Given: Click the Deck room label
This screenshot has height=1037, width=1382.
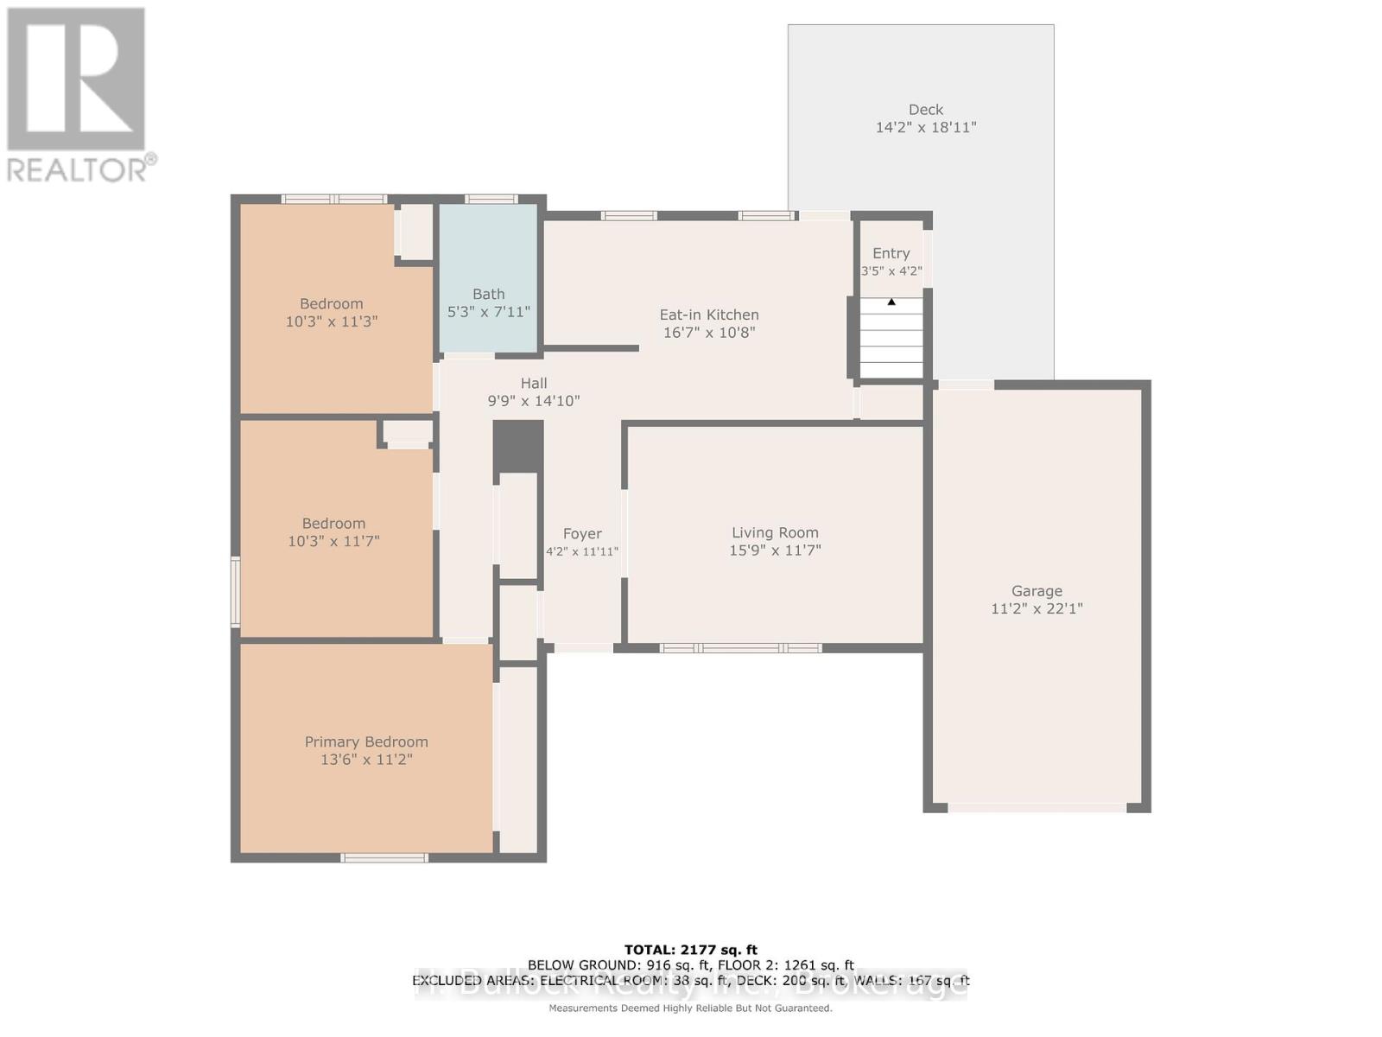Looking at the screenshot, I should tap(925, 110).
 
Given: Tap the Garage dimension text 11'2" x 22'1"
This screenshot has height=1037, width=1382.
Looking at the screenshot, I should tap(1036, 608).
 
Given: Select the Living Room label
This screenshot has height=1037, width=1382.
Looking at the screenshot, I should tap(775, 533).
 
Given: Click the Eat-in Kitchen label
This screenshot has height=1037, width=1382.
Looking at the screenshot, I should tap(709, 315).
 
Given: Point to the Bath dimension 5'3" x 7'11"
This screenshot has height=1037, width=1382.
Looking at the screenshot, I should tap(488, 312).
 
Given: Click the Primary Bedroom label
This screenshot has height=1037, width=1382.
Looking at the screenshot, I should tap(366, 742).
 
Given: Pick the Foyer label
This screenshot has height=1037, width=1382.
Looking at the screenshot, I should tap(582, 534).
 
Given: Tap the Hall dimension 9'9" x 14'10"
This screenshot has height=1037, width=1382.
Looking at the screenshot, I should tap(534, 401).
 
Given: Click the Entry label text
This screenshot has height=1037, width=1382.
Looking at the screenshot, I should tap(891, 253).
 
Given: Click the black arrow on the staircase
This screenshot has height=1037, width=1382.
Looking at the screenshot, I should tap(891, 302).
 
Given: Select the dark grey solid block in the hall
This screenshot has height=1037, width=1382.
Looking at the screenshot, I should tap(518, 447).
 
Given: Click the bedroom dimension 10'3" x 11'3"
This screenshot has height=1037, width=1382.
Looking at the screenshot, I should tap(332, 321).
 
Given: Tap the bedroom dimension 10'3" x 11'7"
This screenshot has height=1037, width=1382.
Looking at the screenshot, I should tap(333, 541).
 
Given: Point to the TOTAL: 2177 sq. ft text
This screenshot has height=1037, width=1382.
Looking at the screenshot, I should tap(690, 950).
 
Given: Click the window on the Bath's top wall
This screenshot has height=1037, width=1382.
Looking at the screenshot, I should tap(491, 200).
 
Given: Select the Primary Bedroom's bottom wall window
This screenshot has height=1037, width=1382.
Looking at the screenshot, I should tap(384, 858).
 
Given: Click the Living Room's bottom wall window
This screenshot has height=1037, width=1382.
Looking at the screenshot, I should tap(740, 648).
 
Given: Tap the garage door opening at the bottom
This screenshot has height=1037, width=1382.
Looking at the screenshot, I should tap(1036, 808).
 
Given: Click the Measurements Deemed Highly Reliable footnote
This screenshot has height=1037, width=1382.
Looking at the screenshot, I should tap(690, 1008).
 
